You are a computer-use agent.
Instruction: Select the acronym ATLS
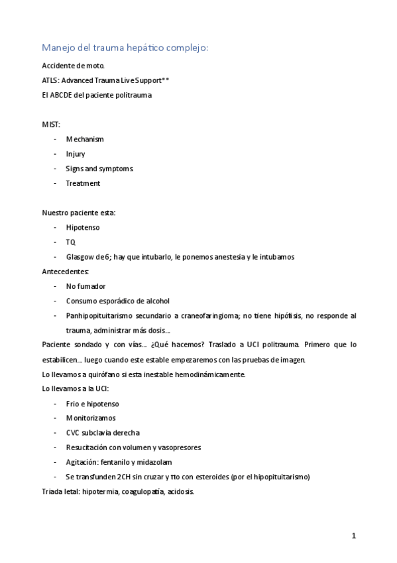click(x=50, y=80)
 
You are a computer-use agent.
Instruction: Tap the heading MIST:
click(x=51, y=124)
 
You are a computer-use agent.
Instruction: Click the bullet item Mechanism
click(x=85, y=139)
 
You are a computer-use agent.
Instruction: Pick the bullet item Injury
click(x=76, y=154)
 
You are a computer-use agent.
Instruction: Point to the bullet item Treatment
click(x=83, y=183)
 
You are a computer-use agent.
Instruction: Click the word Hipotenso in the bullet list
click(x=83, y=227)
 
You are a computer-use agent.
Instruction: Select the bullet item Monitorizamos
click(x=90, y=418)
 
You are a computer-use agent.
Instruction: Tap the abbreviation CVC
click(x=72, y=433)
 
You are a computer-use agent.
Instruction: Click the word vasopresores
click(x=177, y=447)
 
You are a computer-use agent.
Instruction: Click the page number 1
click(x=355, y=536)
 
